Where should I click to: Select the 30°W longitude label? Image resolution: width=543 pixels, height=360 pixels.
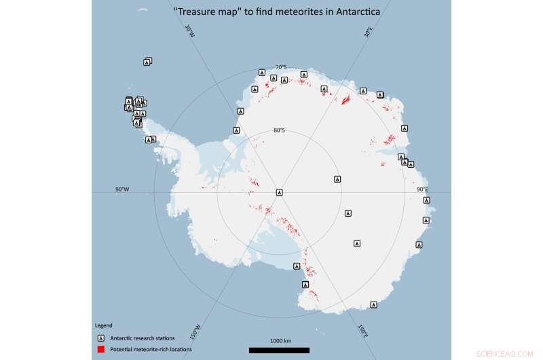pyautogui.click(x=189, y=31)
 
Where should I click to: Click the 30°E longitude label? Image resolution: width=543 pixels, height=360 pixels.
pyautogui.click(x=368, y=32)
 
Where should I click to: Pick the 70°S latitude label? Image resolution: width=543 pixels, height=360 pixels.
pyautogui.click(x=280, y=67)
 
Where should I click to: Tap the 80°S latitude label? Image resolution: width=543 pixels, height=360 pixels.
pyautogui.click(x=279, y=130)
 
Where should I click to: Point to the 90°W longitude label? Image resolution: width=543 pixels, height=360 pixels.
pyautogui.click(x=122, y=190)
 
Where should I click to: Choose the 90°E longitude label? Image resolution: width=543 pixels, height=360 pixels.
pyautogui.click(x=422, y=190)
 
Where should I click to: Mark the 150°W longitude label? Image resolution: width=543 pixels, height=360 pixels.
pyautogui.click(x=196, y=331)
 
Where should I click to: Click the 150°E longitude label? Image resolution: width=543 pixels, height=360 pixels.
pyautogui.click(x=363, y=331)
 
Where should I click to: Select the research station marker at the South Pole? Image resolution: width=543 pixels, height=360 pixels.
pyautogui.click(x=279, y=192)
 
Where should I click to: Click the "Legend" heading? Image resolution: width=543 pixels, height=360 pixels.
pyautogui.click(x=103, y=325)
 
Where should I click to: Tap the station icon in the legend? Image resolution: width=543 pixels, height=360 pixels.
pyautogui.click(x=100, y=338)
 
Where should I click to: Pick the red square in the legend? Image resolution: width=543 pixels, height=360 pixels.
pyautogui.click(x=100, y=349)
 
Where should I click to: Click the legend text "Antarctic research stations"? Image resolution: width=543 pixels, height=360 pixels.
pyautogui.click(x=142, y=338)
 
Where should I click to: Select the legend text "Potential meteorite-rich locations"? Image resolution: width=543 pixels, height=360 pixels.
pyautogui.click(x=151, y=349)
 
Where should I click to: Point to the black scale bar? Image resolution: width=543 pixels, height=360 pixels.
pyautogui.click(x=280, y=350)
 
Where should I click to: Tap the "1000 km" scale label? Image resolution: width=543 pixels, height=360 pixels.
pyautogui.click(x=280, y=340)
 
